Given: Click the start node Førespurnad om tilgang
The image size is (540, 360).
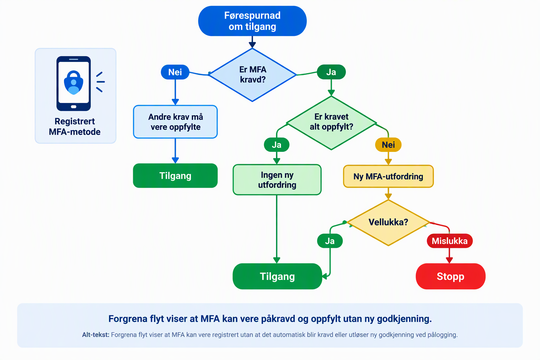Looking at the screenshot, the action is tap(252, 21).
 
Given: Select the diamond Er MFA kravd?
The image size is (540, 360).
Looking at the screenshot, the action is tap(252, 75).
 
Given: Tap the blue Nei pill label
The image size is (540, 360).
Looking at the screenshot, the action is tap(175, 72).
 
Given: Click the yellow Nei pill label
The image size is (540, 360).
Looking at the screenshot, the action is tap(388, 145).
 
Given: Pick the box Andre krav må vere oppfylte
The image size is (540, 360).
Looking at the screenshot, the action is tap(175, 122).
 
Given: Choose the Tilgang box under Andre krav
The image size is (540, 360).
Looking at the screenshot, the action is tap(175, 175).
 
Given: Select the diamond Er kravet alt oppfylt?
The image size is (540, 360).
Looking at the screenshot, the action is tap(331, 123).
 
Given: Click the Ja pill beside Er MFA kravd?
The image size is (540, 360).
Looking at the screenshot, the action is tap(331, 72).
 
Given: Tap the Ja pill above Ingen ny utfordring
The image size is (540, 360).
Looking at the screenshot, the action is tap(277, 145).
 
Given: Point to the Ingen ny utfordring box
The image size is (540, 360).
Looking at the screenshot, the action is tap(277, 180).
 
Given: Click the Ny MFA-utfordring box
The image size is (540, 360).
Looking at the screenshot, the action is tap(388, 176).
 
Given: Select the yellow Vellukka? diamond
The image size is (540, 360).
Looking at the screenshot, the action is tap(388, 223).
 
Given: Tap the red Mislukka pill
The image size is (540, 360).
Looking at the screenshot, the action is tap(450, 241).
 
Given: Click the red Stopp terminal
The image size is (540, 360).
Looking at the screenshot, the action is tap(451, 276).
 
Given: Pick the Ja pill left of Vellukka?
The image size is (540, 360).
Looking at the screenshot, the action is tap(330, 241).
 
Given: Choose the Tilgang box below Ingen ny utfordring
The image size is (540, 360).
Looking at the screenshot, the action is tap(277, 276).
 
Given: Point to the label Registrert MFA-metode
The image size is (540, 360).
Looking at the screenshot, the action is tap(75, 127).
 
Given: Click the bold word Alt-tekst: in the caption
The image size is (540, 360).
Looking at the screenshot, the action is tap(96, 335).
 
